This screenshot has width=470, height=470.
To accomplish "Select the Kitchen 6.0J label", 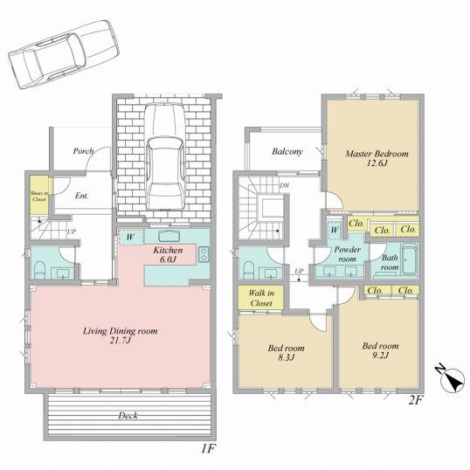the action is point(168,254).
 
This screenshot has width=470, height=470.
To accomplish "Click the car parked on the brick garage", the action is point(165,156).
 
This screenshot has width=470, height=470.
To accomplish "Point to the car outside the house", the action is point(64,54).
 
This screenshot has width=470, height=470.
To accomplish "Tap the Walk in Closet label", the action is point(261,298).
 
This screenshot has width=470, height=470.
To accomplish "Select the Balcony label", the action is point(287,151).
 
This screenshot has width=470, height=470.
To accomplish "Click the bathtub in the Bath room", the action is point(409,259).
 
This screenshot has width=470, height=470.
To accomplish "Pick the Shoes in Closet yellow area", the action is point(39,195).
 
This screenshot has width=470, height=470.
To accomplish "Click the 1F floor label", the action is point(207,449).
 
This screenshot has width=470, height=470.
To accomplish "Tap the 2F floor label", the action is point(416,400).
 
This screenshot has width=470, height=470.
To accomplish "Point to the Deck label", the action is point(128,415).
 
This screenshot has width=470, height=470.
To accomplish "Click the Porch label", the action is point(83,151).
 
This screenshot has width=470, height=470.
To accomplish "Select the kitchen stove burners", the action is point(204,254).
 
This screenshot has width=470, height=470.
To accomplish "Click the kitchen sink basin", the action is point(169,236).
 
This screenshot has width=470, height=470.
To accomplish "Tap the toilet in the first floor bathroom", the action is point(39,270).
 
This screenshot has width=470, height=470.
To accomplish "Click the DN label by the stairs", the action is point(284,185).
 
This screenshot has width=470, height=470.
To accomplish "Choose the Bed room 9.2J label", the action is point(380,350).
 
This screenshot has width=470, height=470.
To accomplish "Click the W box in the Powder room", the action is point(335,231).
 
